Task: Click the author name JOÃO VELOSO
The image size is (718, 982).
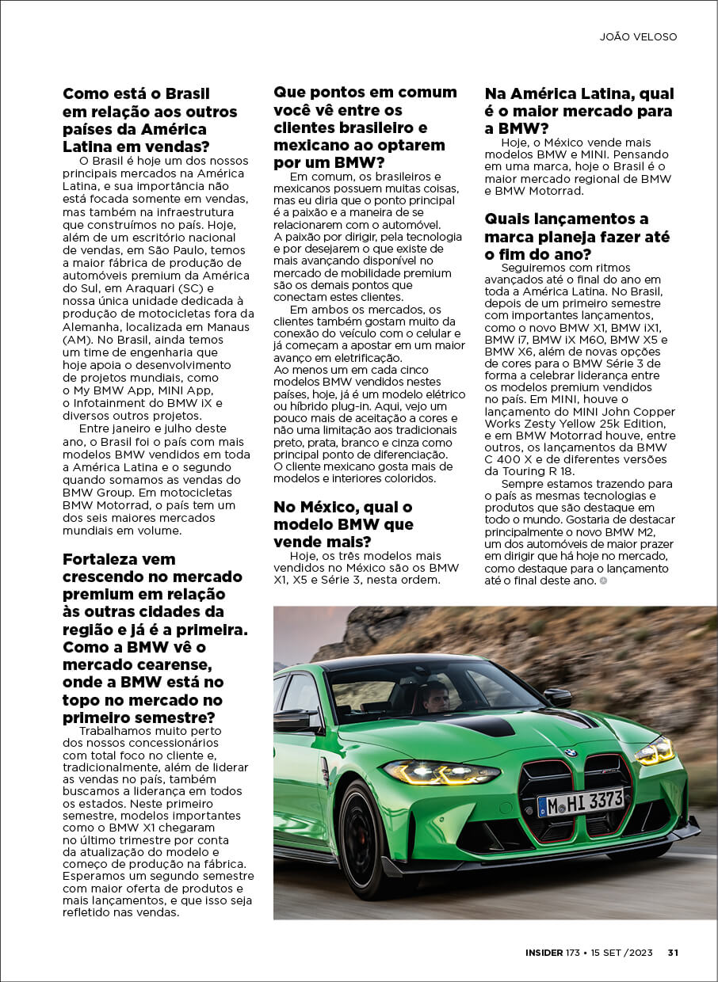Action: pyautogui.click(x=638, y=36)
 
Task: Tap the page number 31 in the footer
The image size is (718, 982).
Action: pyautogui.click(x=672, y=953)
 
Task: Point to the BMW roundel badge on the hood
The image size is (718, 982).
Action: pyautogui.click(x=570, y=752)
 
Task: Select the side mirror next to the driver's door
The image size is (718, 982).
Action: pyautogui.click(x=295, y=719)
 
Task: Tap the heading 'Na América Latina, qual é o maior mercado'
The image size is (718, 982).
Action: pyautogui.click(x=579, y=111)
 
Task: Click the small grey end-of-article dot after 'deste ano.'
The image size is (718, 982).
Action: pyautogui.click(x=604, y=580)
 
